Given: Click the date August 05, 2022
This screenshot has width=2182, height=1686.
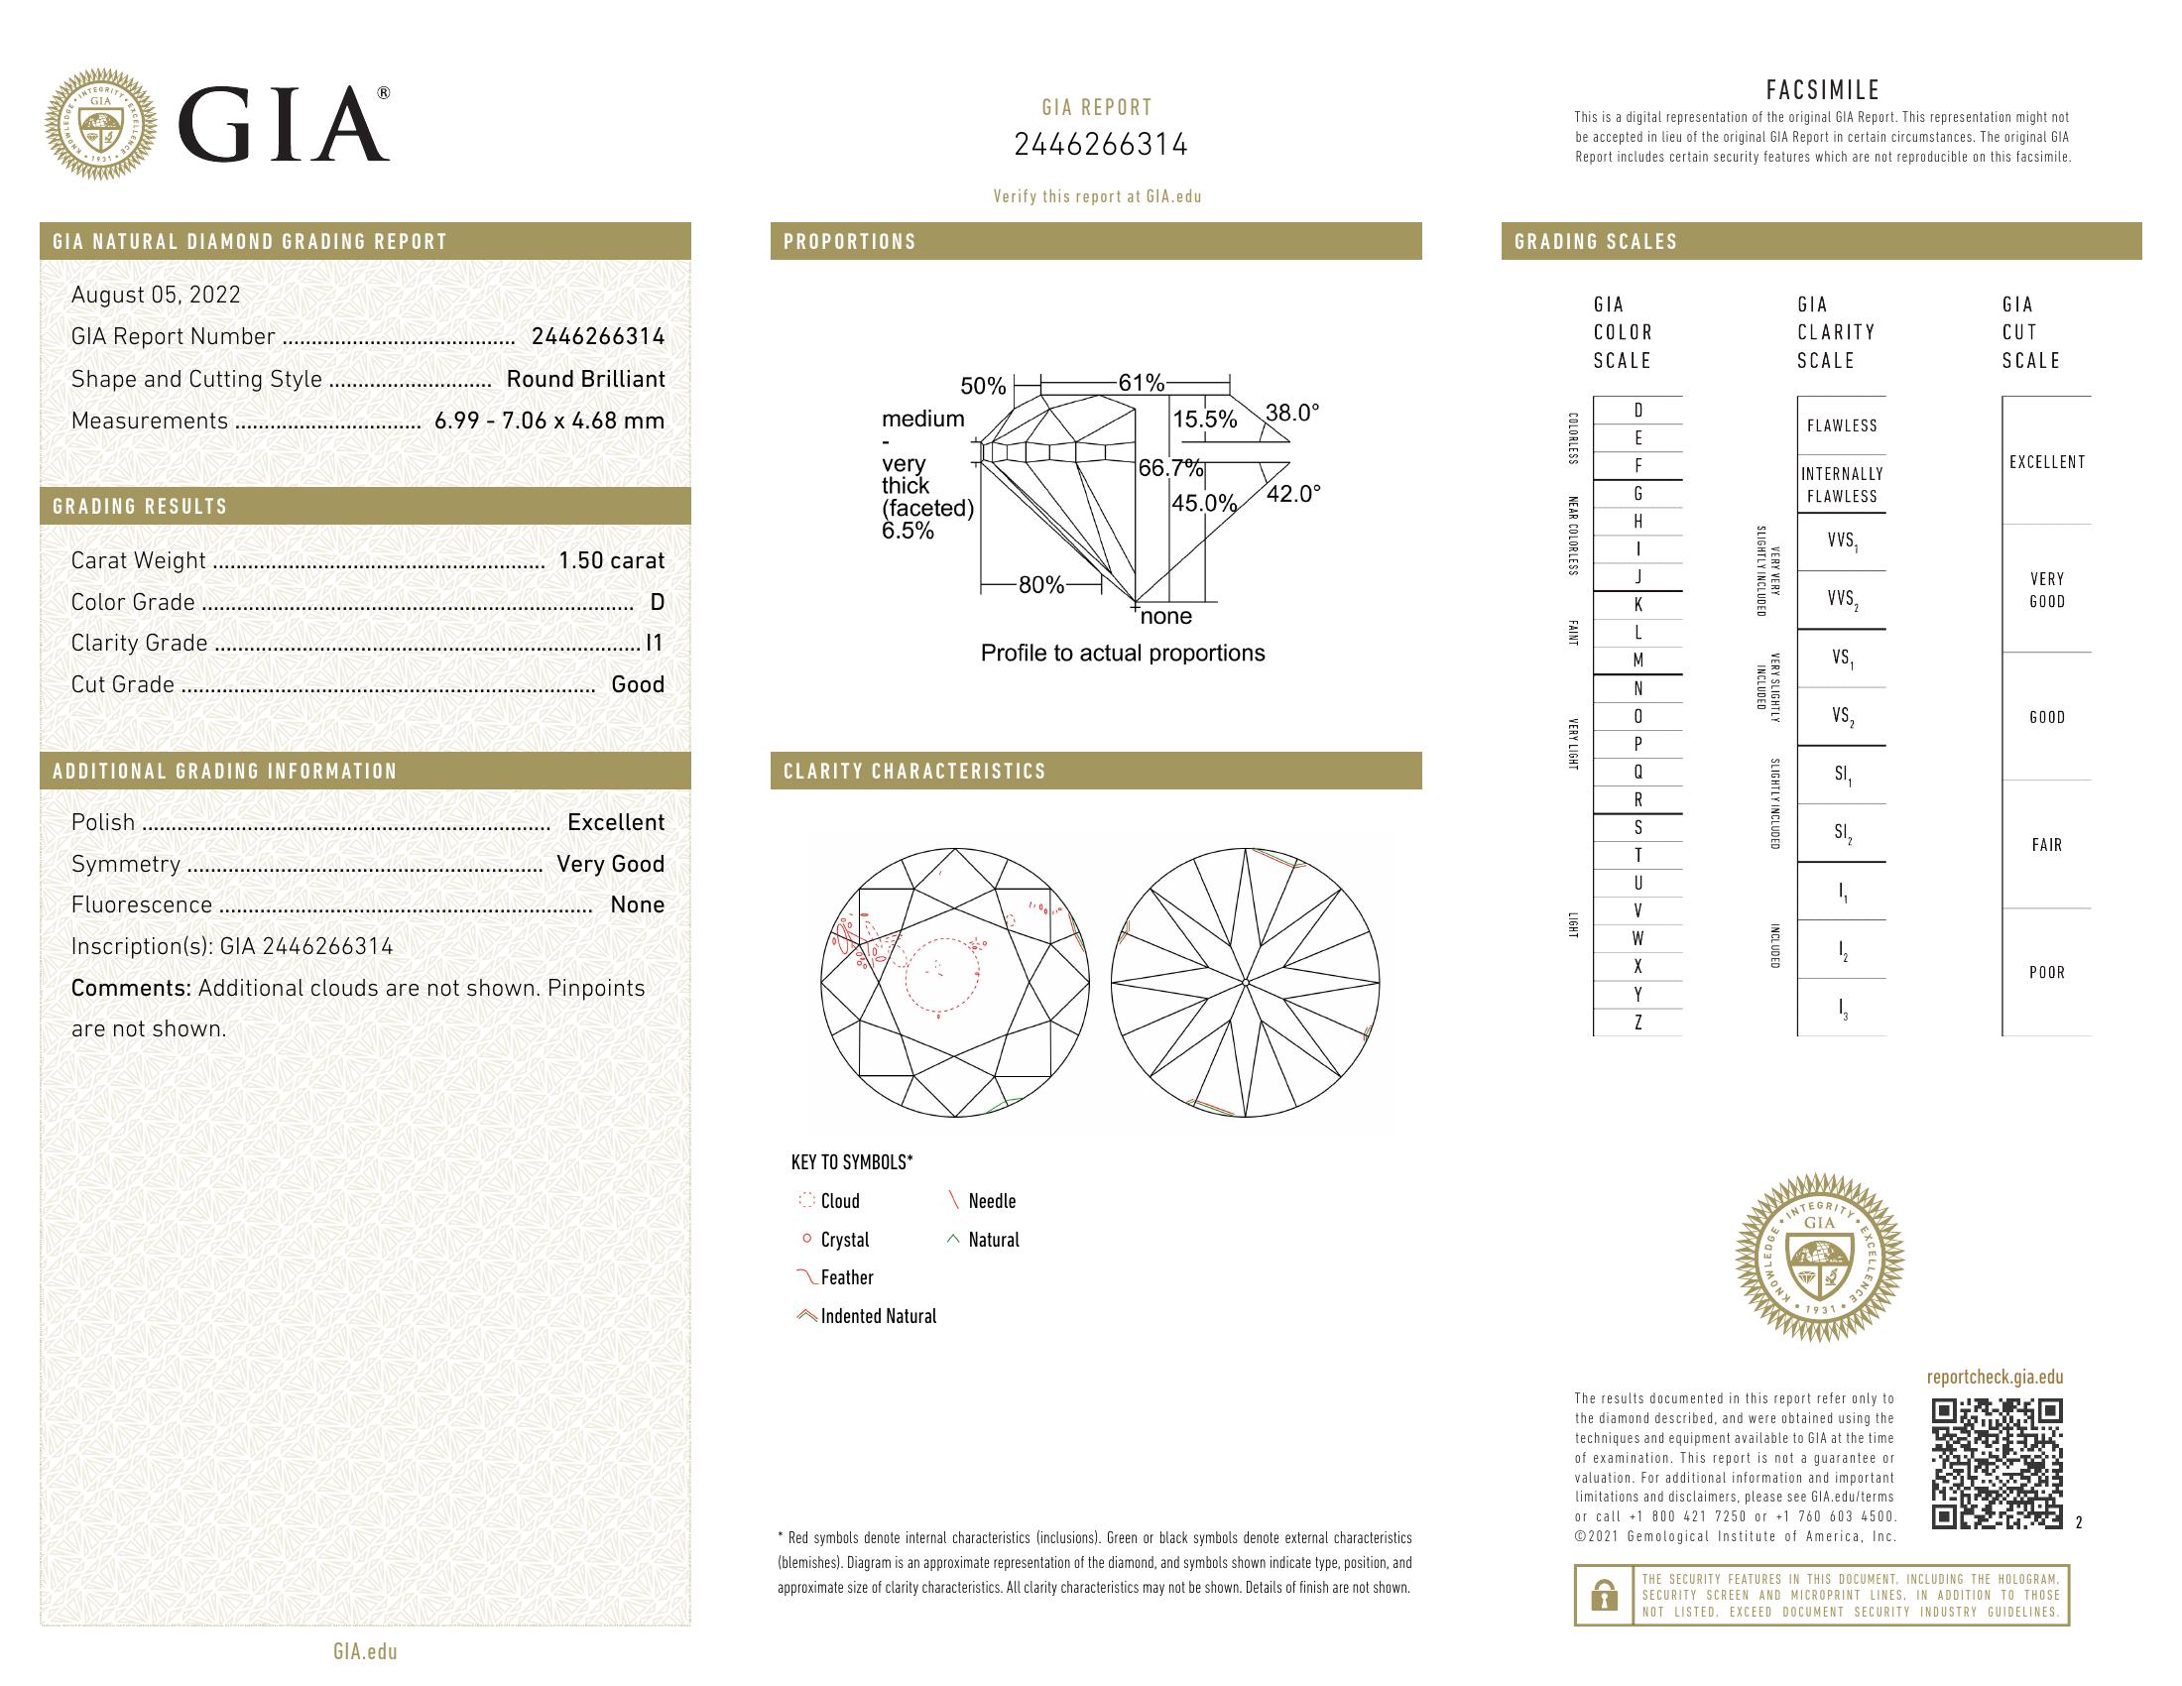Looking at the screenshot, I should [156, 295].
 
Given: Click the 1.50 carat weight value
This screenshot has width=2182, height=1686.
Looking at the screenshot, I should [610, 560].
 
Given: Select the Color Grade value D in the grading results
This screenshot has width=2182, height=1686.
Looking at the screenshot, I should [657, 602].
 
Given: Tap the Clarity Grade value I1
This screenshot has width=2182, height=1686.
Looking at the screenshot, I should [655, 644].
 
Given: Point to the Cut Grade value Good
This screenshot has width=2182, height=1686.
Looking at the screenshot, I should [638, 685].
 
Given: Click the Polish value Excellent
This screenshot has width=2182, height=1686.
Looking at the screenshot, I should [616, 823].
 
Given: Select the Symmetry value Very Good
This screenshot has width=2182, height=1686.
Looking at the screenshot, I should [610, 864].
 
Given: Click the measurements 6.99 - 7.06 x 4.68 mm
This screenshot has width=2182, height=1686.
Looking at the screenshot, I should [549, 421].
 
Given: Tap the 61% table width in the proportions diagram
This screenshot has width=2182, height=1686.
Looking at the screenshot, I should [1141, 383].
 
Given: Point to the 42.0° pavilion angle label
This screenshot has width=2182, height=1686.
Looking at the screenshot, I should [1292, 494].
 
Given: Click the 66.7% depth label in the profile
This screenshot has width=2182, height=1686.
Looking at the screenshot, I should [1170, 468].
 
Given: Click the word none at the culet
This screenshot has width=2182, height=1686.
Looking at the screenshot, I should [1166, 616].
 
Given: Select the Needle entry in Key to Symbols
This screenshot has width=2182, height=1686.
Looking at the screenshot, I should [991, 1202].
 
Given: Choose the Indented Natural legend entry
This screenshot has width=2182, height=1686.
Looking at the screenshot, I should [877, 1316].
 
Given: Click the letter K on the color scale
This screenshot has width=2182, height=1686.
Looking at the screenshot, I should [1637, 605].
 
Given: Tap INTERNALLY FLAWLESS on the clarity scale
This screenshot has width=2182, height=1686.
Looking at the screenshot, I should [1842, 485].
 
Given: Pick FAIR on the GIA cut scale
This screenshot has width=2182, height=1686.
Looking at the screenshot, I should [2046, 845].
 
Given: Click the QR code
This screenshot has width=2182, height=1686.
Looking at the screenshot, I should [1997, 1464].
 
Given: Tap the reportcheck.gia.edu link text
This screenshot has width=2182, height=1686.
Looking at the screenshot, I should [1995, 1378].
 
